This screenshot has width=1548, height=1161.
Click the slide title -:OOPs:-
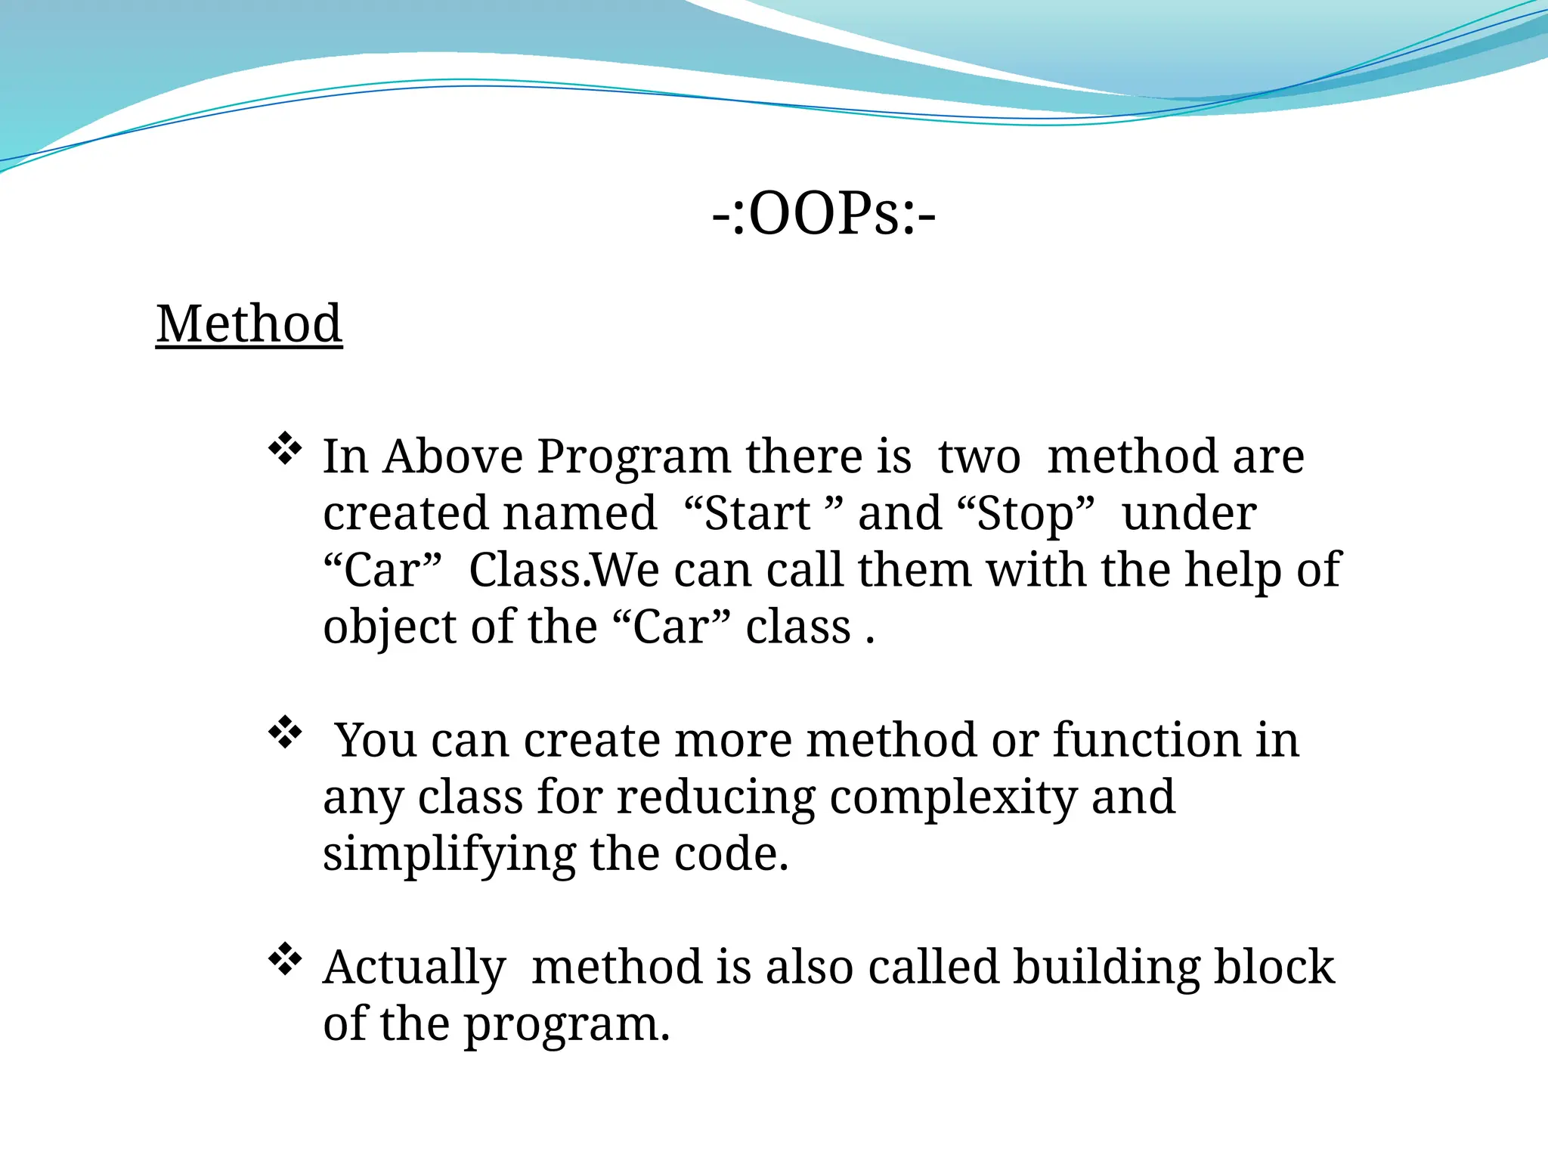point(824,215)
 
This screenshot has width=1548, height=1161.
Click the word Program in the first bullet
point(633,457)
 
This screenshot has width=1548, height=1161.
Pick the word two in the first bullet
point(979,457)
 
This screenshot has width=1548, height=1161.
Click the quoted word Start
point(757,514)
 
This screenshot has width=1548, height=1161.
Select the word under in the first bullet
point(1188,514)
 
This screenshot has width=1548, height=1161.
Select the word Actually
point(413,967)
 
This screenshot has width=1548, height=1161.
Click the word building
point(1106,967)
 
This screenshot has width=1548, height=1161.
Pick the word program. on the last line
point(566,1025)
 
